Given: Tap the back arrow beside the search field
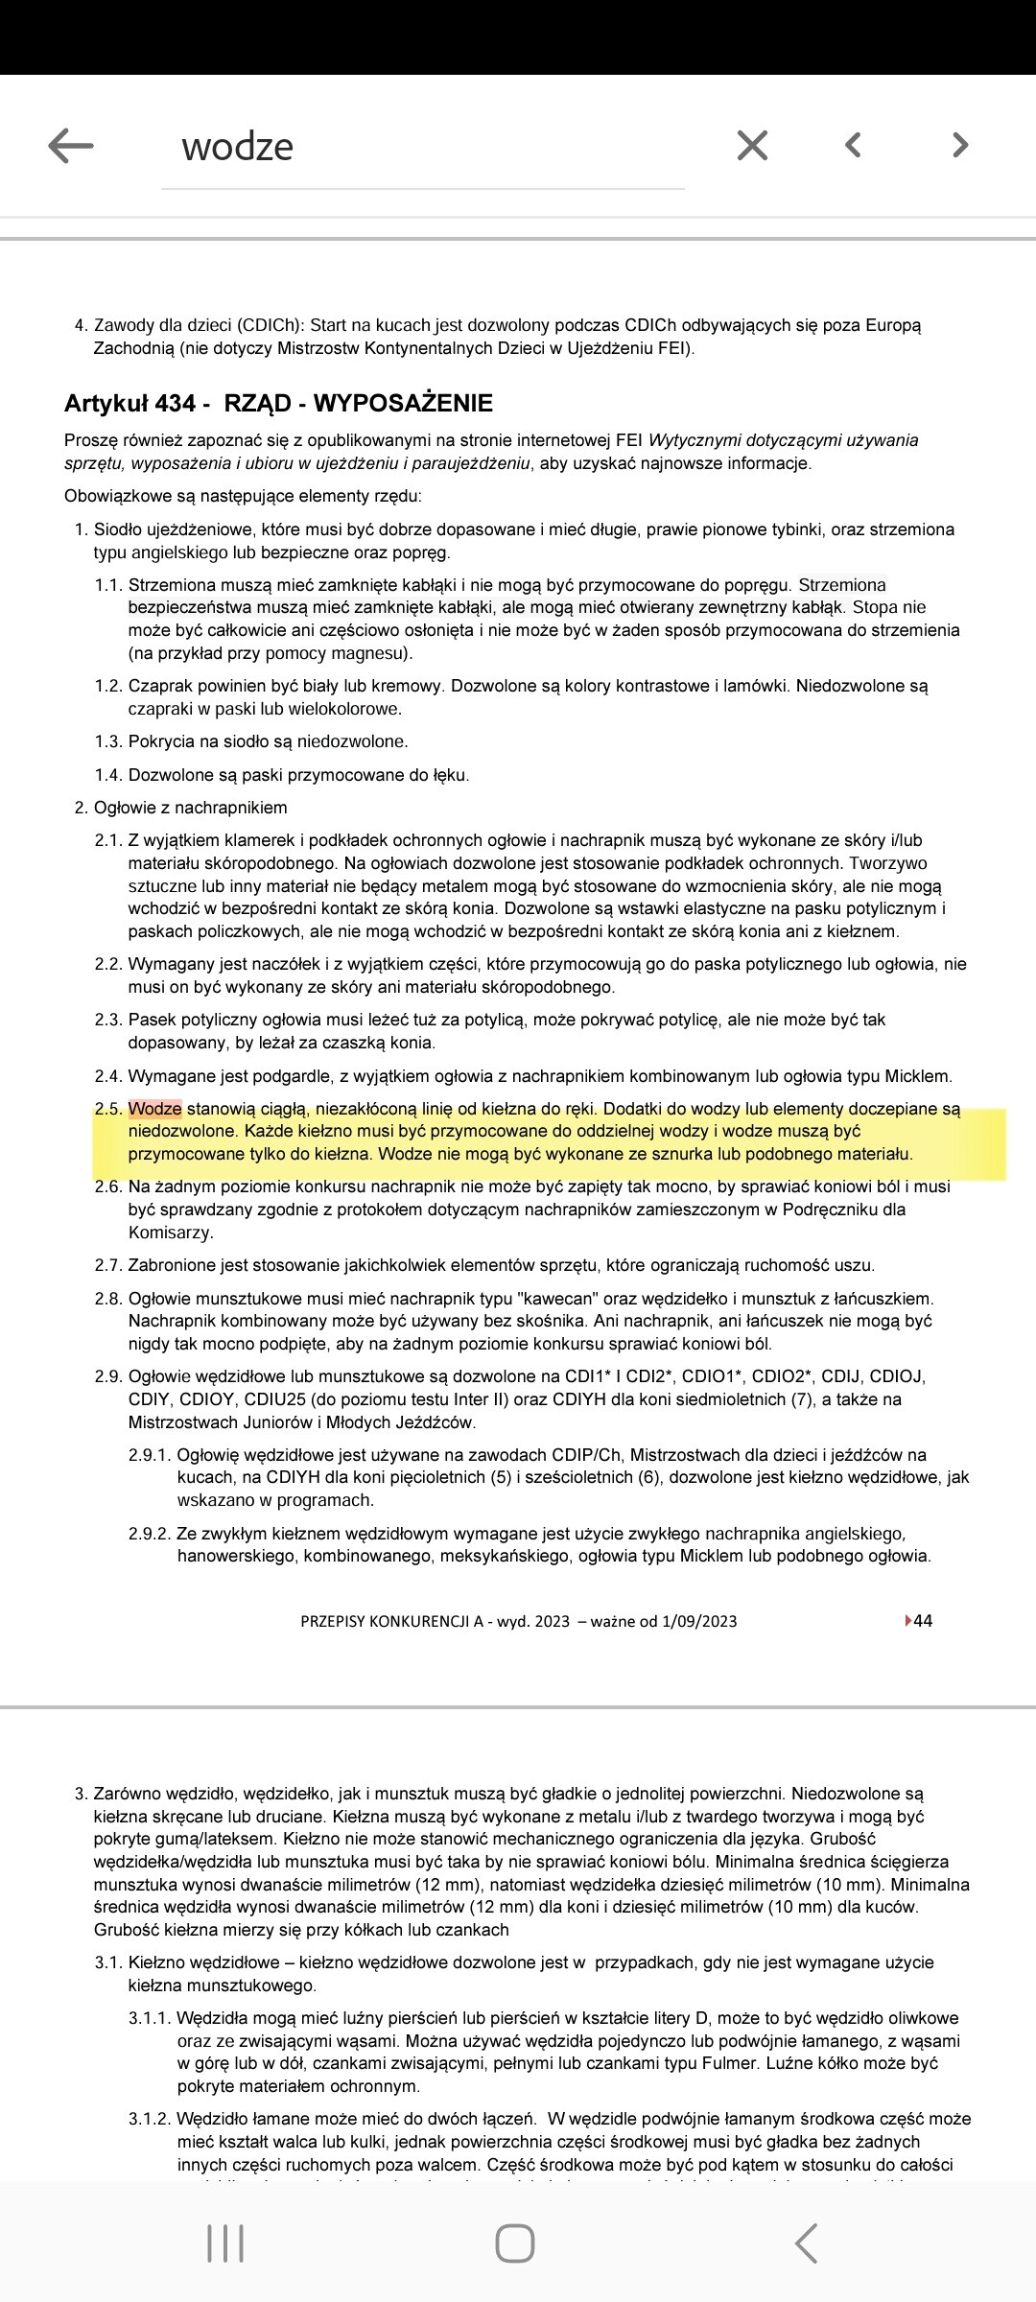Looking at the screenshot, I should pyautogui.click(x=71, y=146).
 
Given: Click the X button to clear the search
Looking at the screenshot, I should pyautogui.click(x=752, y=146).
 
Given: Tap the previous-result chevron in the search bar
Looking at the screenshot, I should pyautogui.click(x=853, y=145).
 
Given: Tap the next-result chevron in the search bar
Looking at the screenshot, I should pyautogui.click(x=960, y=145).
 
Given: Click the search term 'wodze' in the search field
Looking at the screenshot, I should pyautogui.click(x=237, y=147).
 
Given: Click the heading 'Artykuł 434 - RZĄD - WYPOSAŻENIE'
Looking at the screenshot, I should pyautogui.click(x=278, y=403).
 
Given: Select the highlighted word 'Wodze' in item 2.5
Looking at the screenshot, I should pyautogui.click(x=155, y=1109).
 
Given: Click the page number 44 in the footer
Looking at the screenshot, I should pyautogui.click(x=922, y=1621).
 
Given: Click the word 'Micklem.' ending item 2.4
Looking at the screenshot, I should pyautogui.click(x=918, y=1076).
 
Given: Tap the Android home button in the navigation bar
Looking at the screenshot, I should pyautogui.click(x=515, y=2243).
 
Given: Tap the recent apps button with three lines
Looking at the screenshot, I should pyautogui.click(x=225, y=2243).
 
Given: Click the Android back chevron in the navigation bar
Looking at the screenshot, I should pyautogui.click(x=807, y=2243).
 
